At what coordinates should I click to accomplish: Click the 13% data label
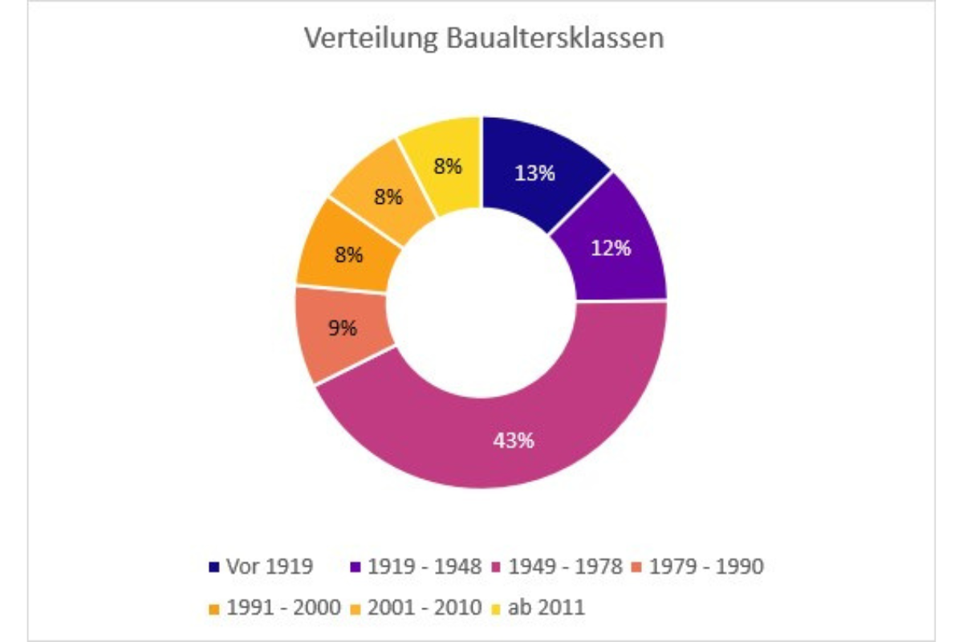point(535,173)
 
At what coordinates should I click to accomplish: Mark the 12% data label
point(611,249)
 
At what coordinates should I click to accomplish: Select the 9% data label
point(343,327)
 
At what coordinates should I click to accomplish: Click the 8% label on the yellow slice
point(447,167)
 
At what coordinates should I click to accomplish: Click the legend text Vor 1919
point(270,567)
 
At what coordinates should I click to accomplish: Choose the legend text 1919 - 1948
point(425,567)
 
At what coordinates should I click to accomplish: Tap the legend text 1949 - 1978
point(565,567)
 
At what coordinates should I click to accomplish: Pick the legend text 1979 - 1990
point(706,567)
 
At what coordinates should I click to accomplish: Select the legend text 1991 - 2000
point(284,607)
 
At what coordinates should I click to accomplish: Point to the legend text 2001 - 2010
point(425,607)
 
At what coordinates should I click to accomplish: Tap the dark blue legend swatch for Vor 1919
point(213,567)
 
